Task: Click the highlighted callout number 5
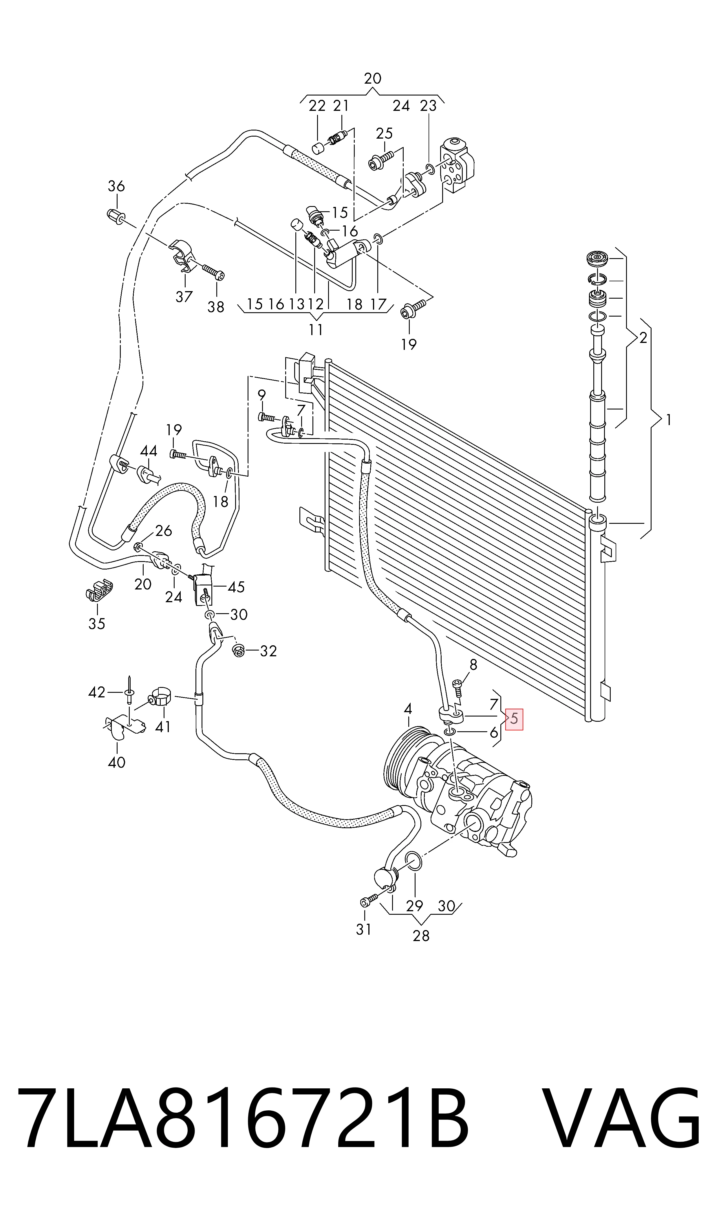(514, 719)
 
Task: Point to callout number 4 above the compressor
(408, 709)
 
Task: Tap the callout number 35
(97, 624)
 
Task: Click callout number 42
(97, 692)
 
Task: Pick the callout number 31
(364, 929)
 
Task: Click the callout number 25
(384, 133)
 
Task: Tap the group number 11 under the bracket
(316, 330)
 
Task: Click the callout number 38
(216, 307)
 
